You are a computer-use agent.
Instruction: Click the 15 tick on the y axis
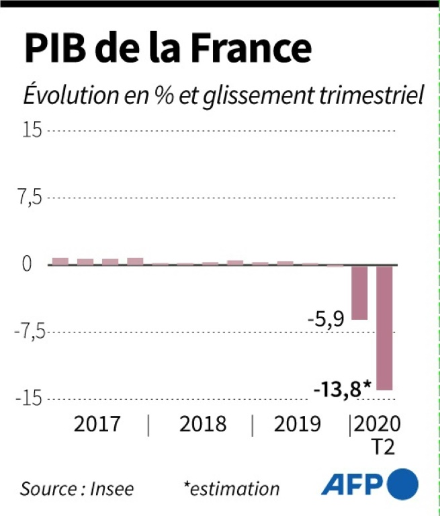click(31, 130)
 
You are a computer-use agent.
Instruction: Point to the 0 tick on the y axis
click(27, 264)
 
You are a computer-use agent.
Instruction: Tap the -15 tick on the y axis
click(28, 398)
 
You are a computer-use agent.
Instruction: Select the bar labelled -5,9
click(359, 292)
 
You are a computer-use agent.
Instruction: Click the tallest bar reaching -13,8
click(384, 327)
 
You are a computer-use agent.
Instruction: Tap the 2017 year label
click(97, 425)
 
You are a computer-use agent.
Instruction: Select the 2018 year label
click(203, 425)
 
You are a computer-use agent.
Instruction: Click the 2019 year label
click(297, 425)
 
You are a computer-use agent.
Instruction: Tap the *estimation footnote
click(231, 488)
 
